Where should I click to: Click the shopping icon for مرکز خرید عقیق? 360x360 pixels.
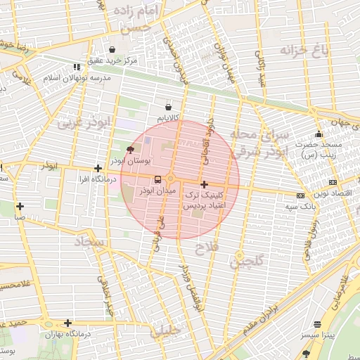tap(112, 49)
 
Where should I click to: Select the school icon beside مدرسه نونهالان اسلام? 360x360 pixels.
tap(77, 67)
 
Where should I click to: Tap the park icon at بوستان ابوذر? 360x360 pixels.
tap(129, 149)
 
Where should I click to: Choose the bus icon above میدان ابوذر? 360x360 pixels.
tap(156, 179)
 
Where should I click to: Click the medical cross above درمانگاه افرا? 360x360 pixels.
tap(98, 168)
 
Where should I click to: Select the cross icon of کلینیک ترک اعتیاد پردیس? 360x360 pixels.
tap(204, 184)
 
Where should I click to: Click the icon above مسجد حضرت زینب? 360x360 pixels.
tap(319, 134)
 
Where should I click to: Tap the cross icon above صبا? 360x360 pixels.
tap(20, 206)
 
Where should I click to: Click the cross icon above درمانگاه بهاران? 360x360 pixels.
tap(67, 323)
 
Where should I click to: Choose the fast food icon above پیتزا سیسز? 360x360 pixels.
tap(318, 325)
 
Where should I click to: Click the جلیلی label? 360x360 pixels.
tap(166, 329)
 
